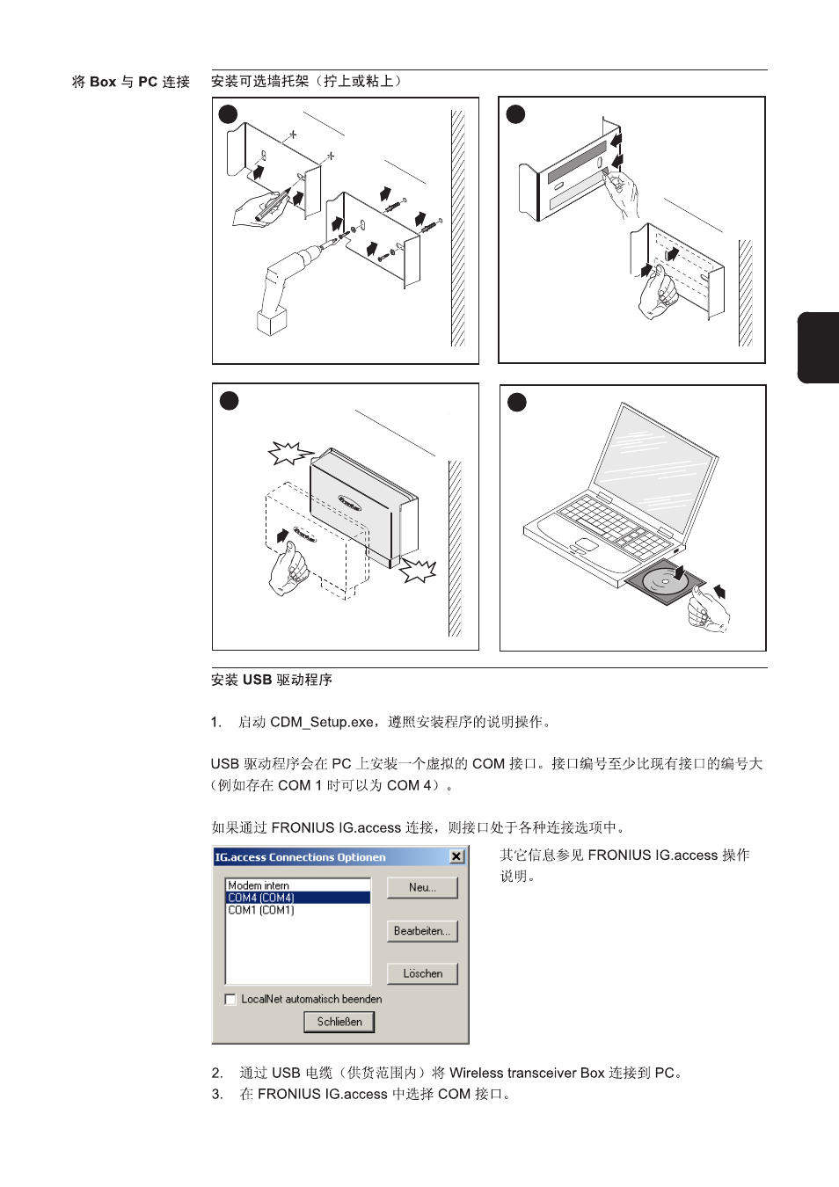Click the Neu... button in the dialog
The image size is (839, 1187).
(422, 887)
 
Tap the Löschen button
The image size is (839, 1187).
(422, 973)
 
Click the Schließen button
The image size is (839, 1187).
(339, 1022)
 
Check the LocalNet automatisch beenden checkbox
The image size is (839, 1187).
(230, 1000)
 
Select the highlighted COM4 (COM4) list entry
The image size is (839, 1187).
(298, 898)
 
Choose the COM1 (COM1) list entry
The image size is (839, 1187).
(261, 910)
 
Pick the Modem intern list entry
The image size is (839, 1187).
(259, 885)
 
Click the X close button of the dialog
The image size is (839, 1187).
(456, 857)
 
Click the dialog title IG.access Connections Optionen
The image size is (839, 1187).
(301, 857)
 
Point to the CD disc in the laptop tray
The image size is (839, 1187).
(666, 582)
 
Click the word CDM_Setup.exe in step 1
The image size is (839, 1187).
(321, 722)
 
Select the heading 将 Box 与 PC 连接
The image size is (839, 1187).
(131, 82)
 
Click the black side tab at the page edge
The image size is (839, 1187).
(818, 347)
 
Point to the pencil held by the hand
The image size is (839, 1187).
(273, 205)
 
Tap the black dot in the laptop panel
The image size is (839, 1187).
(517, 402)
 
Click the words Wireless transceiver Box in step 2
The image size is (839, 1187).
(527, 1073)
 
